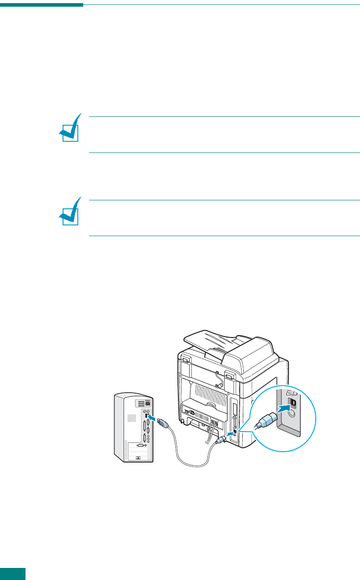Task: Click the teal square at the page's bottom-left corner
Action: coord(13,574)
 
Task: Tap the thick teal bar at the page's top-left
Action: coord(42,5)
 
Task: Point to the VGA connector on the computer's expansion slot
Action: coord(140,445)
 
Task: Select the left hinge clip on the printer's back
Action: coord(183,358)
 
